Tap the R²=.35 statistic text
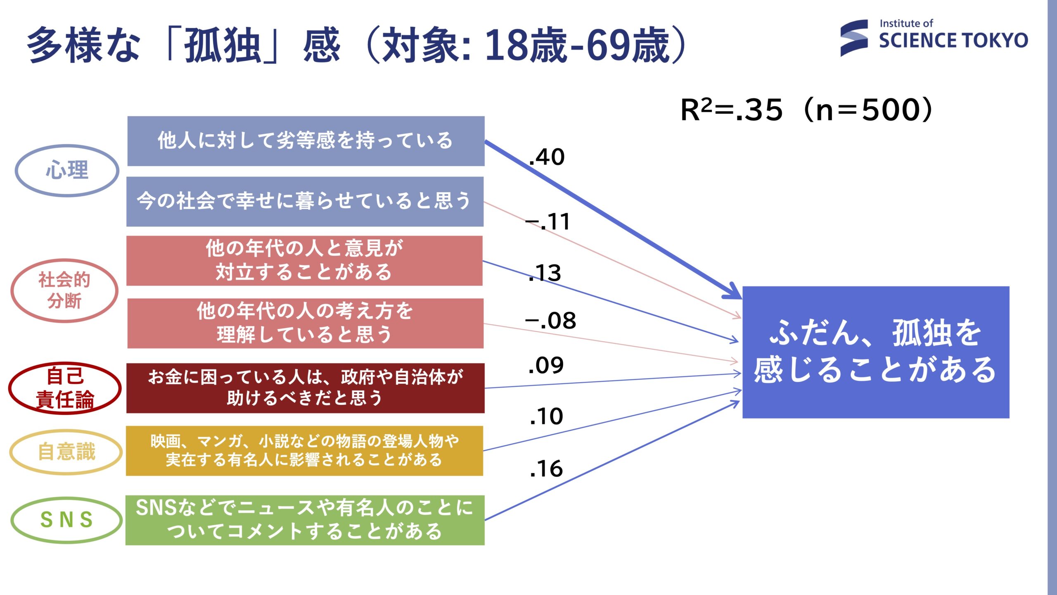[731, 110]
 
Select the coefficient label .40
[547, 157]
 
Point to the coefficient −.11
[547, 221]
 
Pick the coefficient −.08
[550, 321]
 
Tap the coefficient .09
[546, 365]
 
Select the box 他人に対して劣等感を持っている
[306, 141]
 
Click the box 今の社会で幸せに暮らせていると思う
[305, 202]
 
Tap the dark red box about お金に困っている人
[306, 388]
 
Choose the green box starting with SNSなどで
[305, 520]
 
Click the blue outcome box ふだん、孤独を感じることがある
[876, 352]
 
